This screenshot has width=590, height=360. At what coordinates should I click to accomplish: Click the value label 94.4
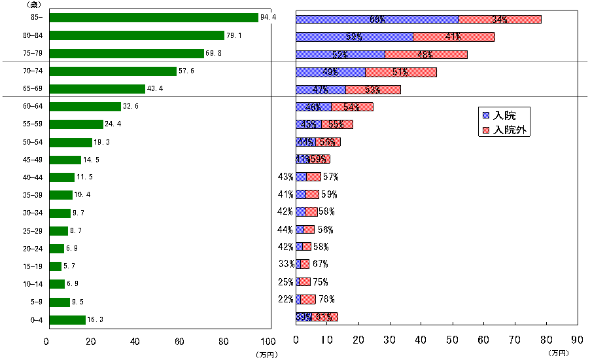268,18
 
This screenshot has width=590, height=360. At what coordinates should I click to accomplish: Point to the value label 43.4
155,88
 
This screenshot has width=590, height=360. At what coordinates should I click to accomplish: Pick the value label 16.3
95,319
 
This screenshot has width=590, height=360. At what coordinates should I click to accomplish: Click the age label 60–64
32,106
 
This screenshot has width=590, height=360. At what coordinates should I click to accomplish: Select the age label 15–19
32,266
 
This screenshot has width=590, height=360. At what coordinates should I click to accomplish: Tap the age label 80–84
32,35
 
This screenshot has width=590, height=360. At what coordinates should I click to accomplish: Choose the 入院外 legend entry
506,130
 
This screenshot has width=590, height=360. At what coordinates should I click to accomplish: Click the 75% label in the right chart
320,282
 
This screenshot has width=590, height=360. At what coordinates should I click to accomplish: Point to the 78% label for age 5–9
325,300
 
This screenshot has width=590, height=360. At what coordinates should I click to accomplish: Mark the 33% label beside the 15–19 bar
286,264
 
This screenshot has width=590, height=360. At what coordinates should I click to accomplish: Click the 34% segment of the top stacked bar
500,19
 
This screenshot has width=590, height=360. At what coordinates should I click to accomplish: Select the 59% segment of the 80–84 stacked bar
355,37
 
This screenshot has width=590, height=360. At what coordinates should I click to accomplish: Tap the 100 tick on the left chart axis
268,341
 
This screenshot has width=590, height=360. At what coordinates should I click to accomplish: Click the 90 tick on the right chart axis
577,341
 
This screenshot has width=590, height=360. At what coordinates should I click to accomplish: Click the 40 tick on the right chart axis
421,341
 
